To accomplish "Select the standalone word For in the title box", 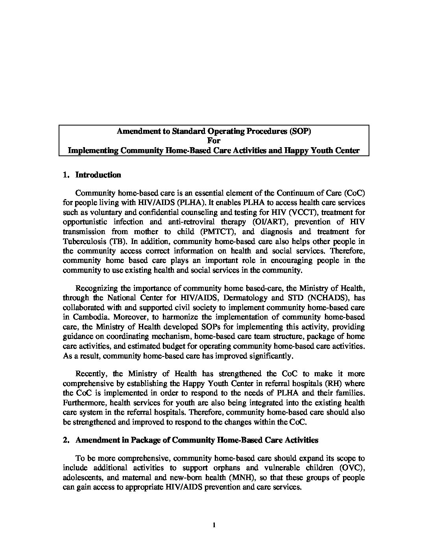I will [x=214, y=141].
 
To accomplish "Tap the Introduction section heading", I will [x=98, y=175].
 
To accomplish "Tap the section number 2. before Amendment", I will [x=66, y=440].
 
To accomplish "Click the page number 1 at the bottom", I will [x=214, y=525].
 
